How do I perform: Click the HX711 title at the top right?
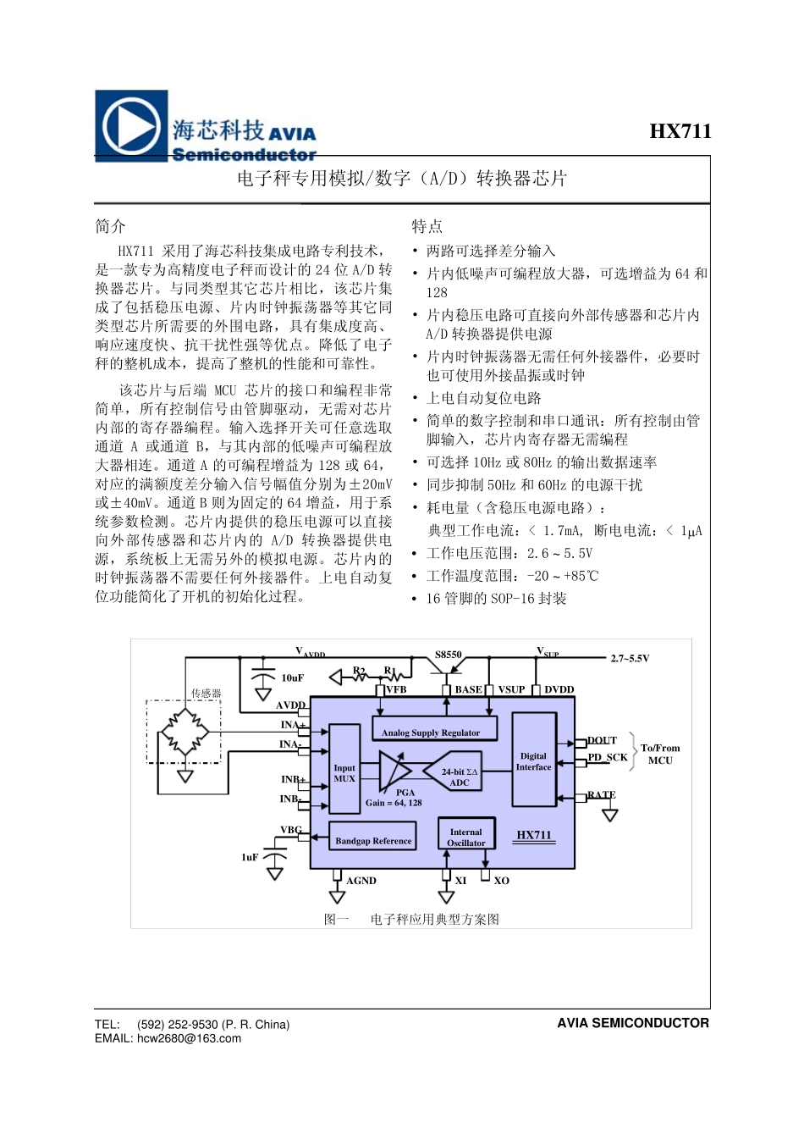680,131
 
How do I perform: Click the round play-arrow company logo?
130,125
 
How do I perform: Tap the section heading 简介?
111,226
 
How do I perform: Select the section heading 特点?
427,226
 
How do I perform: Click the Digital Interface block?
533,761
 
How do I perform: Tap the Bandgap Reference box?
373,840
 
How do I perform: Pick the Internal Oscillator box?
465,837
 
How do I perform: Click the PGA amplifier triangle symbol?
393,771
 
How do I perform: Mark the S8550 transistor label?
449,655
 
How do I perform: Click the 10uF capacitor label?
292,677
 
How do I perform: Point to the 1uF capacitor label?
250,857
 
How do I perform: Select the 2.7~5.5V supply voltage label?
630,658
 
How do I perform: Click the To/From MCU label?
660,754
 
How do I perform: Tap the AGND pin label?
361,881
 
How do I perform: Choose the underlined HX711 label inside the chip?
534,835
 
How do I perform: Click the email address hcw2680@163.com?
189,1038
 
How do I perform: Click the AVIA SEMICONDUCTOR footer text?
632,1023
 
